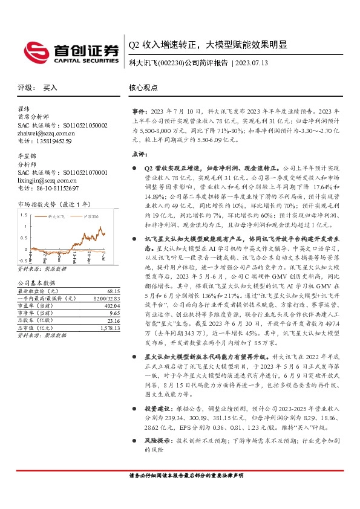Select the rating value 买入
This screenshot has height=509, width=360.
[x=50, y=88]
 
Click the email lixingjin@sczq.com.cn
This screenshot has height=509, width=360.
[x=47, y=180]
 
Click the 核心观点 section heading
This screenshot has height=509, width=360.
[x=143, y=88]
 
